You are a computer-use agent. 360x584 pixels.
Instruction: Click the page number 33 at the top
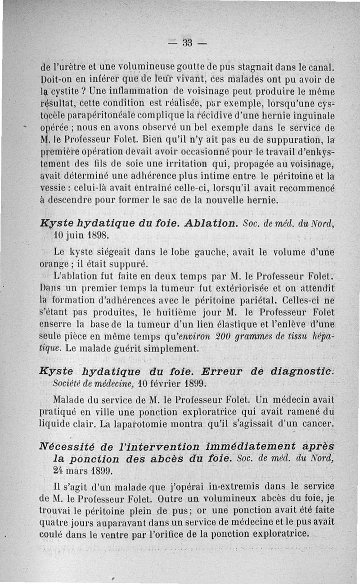point(187,43)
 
